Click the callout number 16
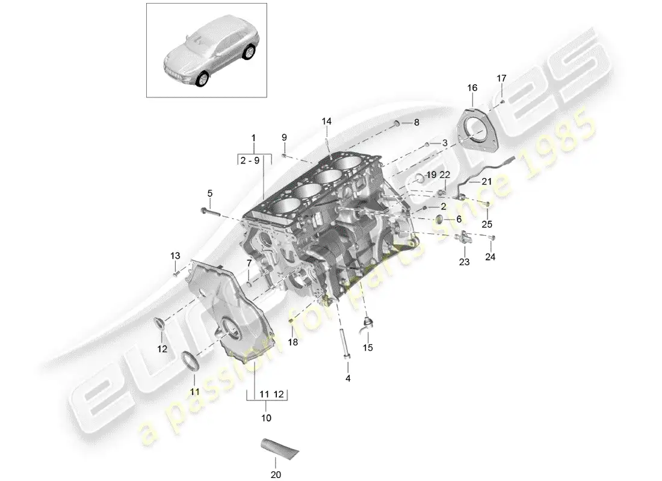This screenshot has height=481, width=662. (472, 88)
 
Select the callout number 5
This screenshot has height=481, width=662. (210, 193)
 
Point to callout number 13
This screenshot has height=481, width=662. (175, 256)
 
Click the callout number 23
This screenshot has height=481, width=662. (464, 262)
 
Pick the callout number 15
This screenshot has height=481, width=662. (367, 347)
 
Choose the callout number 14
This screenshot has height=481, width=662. (326, 121)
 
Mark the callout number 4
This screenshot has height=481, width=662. (348, 378)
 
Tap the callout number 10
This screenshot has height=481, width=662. (267, 417)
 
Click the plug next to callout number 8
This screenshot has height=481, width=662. (397, 123)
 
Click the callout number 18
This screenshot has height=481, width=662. (292, 342)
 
